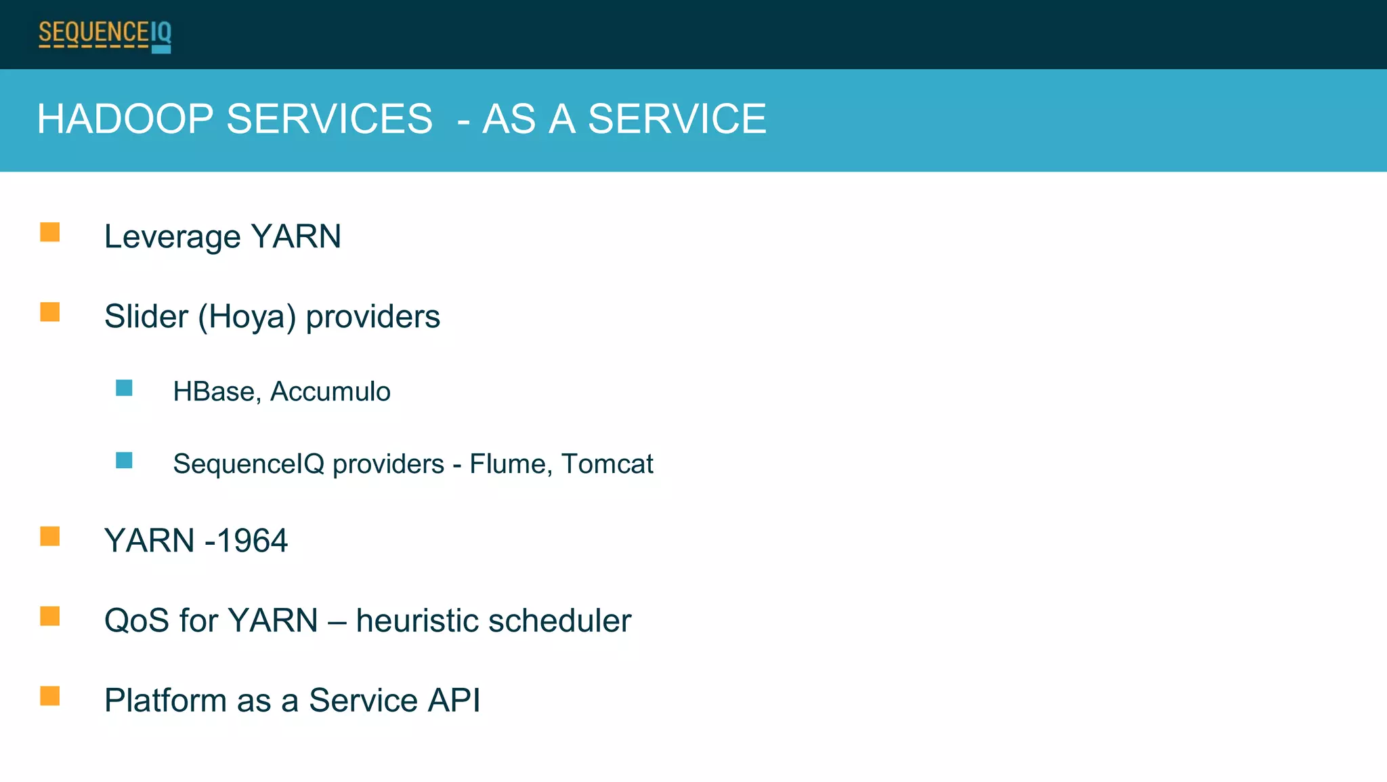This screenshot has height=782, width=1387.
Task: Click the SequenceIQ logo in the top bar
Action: tap(105, 35)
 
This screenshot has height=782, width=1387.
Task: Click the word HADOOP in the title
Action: tap(125, 119)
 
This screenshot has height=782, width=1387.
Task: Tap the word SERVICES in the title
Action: tap(329, 119)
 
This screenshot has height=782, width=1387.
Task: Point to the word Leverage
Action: tap(172, 237)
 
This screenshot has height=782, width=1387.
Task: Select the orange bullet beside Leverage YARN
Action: tap(49, 232)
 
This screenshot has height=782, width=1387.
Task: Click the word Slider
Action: tap(146, 316)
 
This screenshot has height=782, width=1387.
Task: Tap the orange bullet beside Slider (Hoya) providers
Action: tap(49, 312)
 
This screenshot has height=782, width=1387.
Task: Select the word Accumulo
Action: tap(330, 392)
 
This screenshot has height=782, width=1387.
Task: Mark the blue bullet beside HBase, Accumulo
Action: tap(124, 388)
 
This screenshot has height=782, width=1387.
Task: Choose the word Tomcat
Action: tap(607, 464)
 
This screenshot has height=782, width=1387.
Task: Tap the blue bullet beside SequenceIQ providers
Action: tap(124, 461)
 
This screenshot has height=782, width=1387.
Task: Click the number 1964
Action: tap(252, 541)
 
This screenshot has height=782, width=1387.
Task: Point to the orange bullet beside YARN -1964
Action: tap(49, 536)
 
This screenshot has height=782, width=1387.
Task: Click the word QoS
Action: tap(136, 621)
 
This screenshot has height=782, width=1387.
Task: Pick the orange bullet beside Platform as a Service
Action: tap(49, 696)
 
